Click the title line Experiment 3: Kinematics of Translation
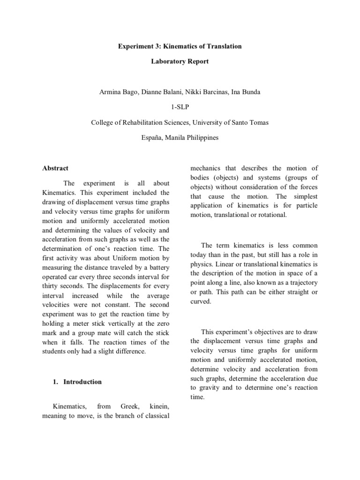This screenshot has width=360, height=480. [180, 46]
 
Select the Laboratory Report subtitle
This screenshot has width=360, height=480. [180, 61]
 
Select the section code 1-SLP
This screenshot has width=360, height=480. [180, 107]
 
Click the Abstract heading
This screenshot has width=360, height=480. [55, 168]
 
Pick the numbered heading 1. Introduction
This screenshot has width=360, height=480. [77, 382]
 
